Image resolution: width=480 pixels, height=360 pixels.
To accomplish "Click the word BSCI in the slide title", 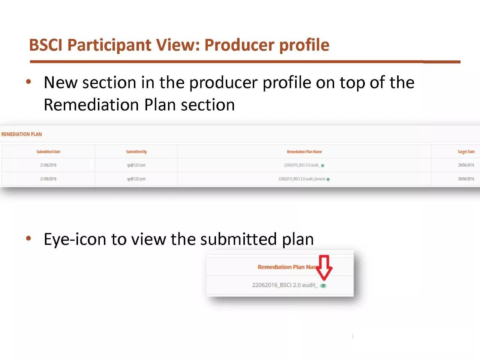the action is pos(46,45).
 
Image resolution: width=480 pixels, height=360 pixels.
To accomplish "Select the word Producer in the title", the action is pos(239,45).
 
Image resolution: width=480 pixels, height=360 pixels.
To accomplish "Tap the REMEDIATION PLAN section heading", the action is pos(21,134).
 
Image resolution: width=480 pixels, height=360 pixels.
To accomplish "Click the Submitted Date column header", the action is pos(48,152).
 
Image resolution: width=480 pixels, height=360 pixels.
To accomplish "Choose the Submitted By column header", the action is pos(136,152).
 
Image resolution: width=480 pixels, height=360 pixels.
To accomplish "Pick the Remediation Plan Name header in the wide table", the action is pos(304,152).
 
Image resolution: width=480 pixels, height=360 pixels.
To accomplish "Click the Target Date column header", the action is pos(466,152).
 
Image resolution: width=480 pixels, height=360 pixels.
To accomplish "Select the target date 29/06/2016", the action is pos(466,165).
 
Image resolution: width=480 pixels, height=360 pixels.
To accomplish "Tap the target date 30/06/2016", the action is pos(466,179).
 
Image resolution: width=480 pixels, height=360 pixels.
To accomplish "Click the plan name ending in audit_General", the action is pos(301,179).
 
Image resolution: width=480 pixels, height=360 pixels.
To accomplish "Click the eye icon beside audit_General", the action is pos(328,179).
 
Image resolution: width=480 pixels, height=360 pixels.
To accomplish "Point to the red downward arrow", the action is pos(324,267).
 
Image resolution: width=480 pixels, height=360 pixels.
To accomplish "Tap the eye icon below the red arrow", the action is pos(323,286).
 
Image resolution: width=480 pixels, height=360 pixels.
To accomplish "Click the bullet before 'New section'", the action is pos(28,82).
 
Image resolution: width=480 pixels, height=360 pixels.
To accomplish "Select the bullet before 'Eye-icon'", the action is pos(28,238).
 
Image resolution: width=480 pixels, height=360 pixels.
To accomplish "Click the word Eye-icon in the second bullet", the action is pos(75,239).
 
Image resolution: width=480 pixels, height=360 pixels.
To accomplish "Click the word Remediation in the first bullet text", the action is pos(91,105).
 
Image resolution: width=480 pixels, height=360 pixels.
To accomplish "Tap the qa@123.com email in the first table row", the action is pos(136,165).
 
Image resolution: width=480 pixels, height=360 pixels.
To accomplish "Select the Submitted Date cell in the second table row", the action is pos(48,179).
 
